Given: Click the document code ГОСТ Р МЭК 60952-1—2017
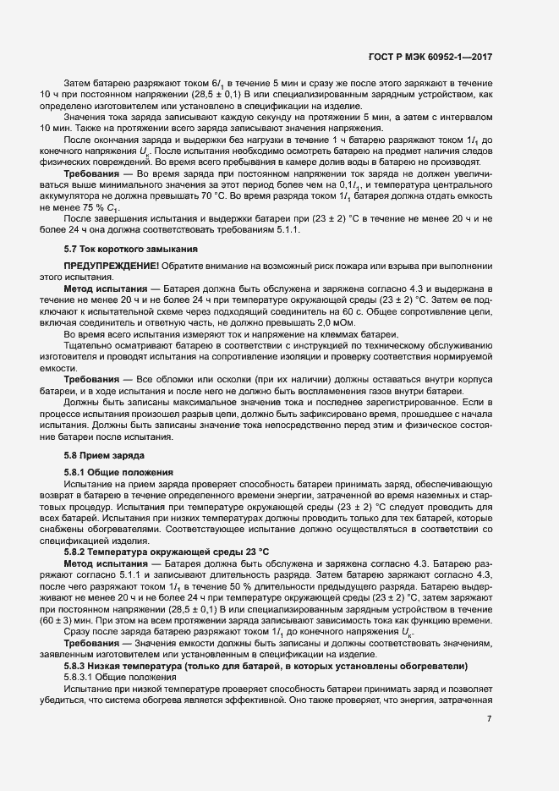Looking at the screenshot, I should pyautogui.click(x=431, y=57).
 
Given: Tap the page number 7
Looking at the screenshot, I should pyautogui.click(x=489, y=718).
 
